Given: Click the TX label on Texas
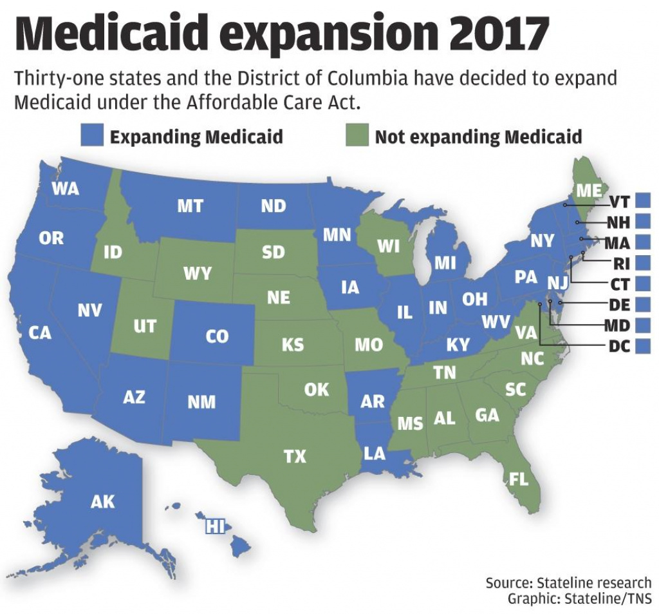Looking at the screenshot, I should coord(295,457).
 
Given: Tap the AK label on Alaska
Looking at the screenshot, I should coord(102,501).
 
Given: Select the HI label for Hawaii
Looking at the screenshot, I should coord(214,526).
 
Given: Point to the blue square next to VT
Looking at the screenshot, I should coord(642,200).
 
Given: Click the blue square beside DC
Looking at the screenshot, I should coord(642,345).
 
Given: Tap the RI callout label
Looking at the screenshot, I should coord(620,263).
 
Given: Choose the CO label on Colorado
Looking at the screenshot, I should coord(217,336).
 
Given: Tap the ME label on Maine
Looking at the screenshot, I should coord(588,191).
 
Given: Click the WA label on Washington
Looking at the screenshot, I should coord(65,189).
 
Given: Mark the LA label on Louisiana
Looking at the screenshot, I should coord(374,454).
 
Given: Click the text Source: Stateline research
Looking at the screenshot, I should coord(568,583).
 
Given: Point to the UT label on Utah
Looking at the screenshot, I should coord(145,327).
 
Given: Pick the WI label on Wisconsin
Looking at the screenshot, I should coord(388,245).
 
